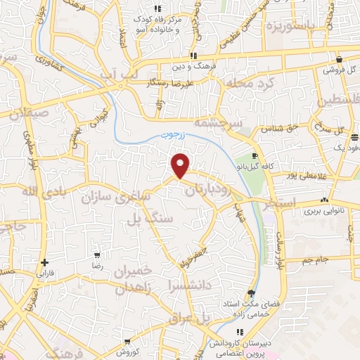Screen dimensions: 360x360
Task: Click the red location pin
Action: pyautogui.click(x=181, y=165)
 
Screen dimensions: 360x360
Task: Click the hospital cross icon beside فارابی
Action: pyautogui.click(x=44, y=262)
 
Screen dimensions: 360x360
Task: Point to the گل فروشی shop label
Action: pyautogui.click(x=340, y=70)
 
